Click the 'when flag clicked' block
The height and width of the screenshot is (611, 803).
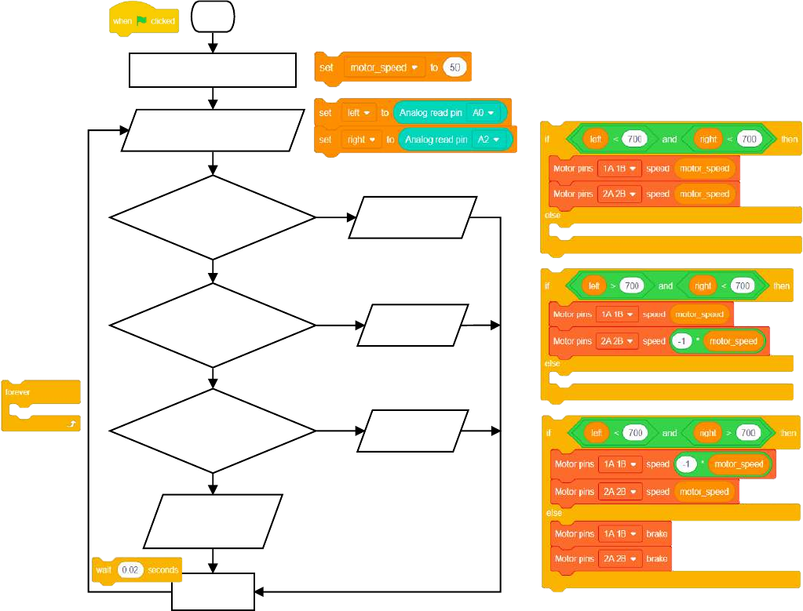click(144, 21)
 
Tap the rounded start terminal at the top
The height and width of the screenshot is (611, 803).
click(213, 16)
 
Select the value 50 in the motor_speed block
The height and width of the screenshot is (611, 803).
click(454, 68)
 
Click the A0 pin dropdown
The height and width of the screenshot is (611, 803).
click(483, 113)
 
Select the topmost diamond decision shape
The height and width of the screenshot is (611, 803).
click(213, 217)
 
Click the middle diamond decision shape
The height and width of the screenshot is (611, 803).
click(213, 324)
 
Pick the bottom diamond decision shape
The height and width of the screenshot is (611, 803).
click(213, 431)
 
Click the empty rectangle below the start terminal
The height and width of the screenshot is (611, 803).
click(213, 71)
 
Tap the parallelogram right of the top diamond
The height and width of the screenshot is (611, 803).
click(412, 217)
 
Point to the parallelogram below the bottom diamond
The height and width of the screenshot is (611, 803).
click(213, 521)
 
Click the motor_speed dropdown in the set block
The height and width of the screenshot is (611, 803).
click(384, 68)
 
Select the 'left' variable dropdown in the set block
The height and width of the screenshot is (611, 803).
click(360, 113)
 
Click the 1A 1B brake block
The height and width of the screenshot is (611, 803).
click(611, 534)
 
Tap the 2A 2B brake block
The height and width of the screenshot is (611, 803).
click(611, 559)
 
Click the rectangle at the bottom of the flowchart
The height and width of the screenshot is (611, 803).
click(213, 591)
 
